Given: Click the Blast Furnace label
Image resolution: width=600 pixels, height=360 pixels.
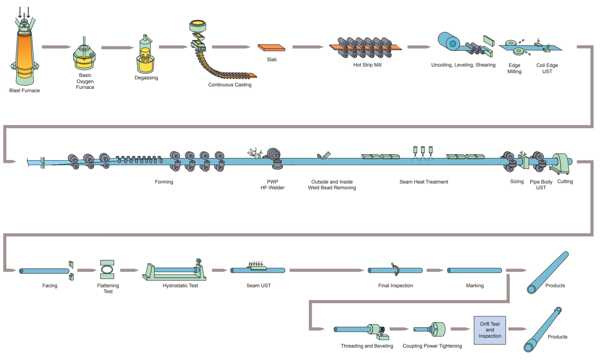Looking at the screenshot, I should point(24,91).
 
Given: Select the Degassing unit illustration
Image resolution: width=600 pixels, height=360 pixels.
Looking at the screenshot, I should point(145,56).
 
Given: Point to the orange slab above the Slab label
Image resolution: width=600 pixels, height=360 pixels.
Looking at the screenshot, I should point(271,48).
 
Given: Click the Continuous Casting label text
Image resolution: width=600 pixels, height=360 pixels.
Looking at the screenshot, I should point(229,85).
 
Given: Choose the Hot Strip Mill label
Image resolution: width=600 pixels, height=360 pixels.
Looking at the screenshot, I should point(367,65).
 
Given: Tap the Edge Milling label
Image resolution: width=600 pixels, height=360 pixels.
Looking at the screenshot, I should point(514,68).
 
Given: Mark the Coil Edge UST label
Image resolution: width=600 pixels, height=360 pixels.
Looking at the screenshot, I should point(547,68).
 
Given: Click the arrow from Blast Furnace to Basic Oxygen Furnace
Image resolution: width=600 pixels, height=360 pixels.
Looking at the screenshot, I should point(56,47).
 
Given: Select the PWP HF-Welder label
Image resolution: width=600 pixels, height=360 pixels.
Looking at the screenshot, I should point(273,185).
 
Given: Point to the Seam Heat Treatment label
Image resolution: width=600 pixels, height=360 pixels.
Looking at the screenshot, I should point(423,182).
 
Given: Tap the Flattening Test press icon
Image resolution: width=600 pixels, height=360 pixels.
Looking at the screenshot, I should point(107,269).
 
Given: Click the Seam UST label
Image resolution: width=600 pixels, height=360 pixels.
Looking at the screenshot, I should point(258,286).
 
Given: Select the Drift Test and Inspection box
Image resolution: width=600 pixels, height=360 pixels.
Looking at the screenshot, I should point(490,330).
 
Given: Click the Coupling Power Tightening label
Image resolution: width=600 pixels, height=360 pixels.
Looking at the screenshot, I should point(432,346).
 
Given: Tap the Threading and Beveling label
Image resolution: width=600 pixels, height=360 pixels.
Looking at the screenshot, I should point(367,346).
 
